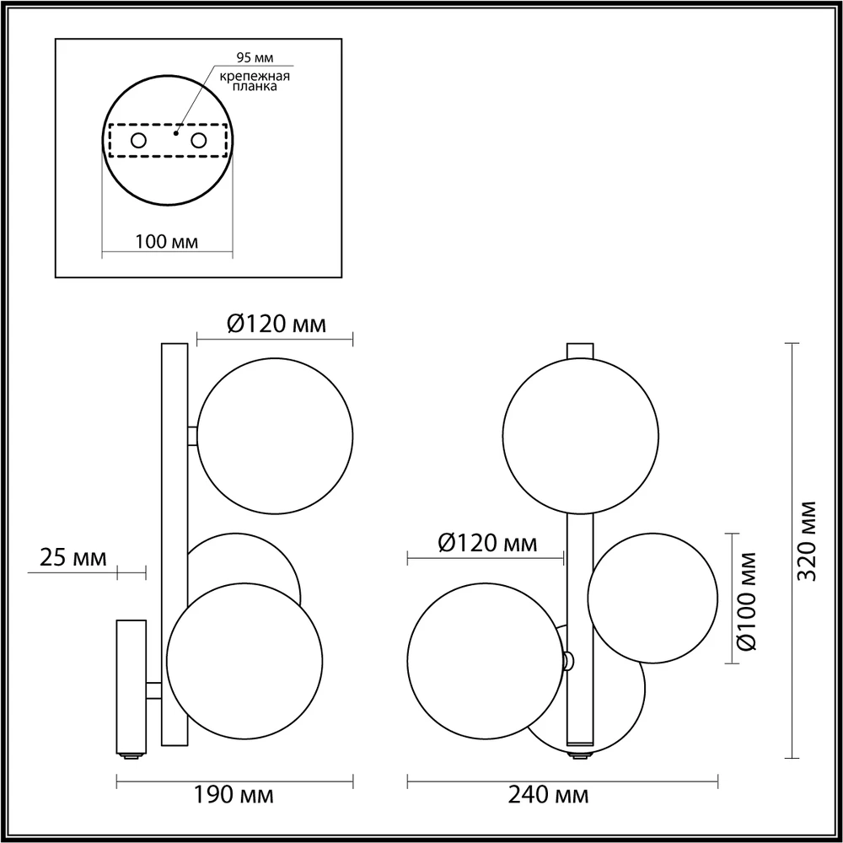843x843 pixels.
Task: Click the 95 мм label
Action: click(x=255, y=57)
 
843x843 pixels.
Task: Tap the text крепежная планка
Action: click(x=255, y=81)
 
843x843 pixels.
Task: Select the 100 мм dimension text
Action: click(x=167, y=242)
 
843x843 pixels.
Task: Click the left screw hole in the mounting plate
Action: click(x=139, y=141)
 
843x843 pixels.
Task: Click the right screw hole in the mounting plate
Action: click(x=199, y=141)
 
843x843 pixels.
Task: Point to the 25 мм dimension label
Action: click(x=73, y=558)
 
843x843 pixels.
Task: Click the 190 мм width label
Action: click(x=234, y=795)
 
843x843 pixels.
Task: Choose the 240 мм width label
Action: click(x=549, y=795)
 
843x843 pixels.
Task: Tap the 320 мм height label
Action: click(x=807, y=541)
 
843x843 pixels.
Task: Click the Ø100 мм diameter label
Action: click(x=747, y=601)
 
